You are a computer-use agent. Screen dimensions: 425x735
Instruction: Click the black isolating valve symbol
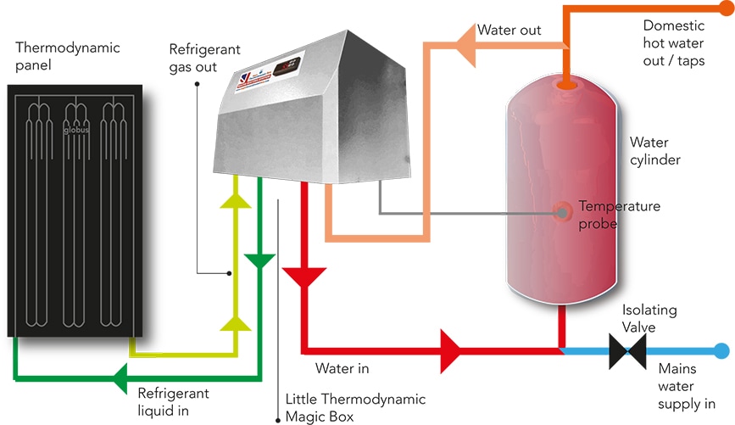(x=627, y=350)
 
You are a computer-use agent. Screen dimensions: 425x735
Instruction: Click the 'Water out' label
(x=509, y=31)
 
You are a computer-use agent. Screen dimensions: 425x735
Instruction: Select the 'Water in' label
(x=342, y=369)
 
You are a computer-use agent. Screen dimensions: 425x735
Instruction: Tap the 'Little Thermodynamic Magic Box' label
(x=355, y=406)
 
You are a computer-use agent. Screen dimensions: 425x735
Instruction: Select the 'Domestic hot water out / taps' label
(x=674, y=43)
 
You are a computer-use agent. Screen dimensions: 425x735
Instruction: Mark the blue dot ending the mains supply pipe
(x=721, y=350)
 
